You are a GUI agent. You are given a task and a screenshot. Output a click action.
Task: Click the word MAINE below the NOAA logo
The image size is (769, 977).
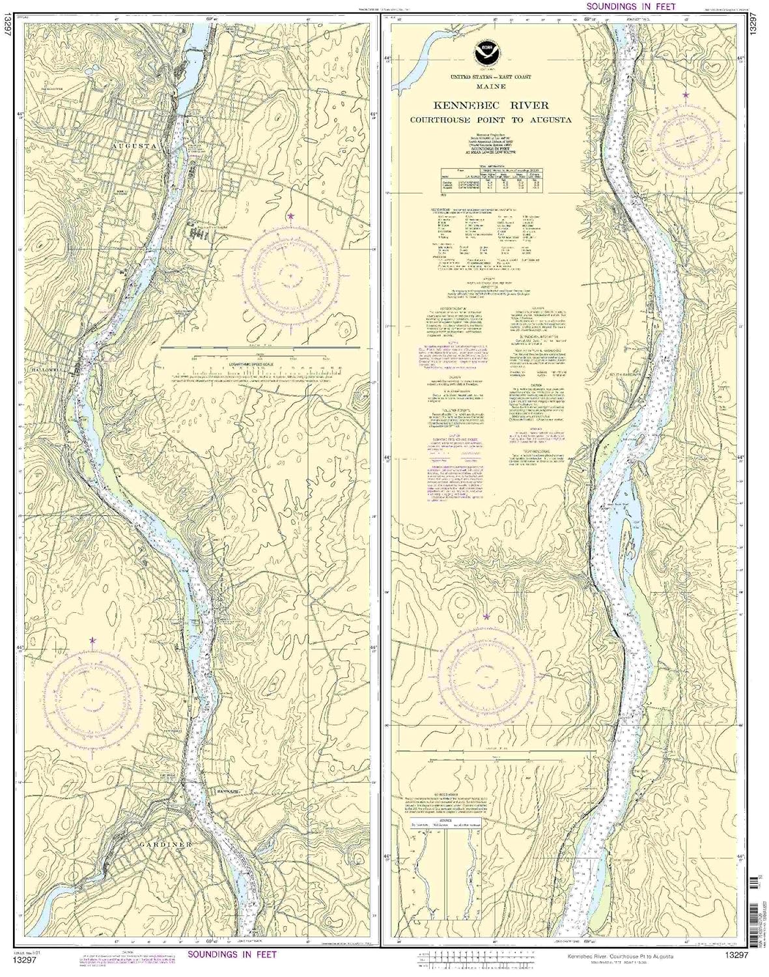[486, 85]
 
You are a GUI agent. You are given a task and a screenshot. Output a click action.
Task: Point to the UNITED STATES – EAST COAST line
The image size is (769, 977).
[486, 77]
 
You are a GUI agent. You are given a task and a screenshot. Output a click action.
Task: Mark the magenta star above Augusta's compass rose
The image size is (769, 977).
[290, 216]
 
